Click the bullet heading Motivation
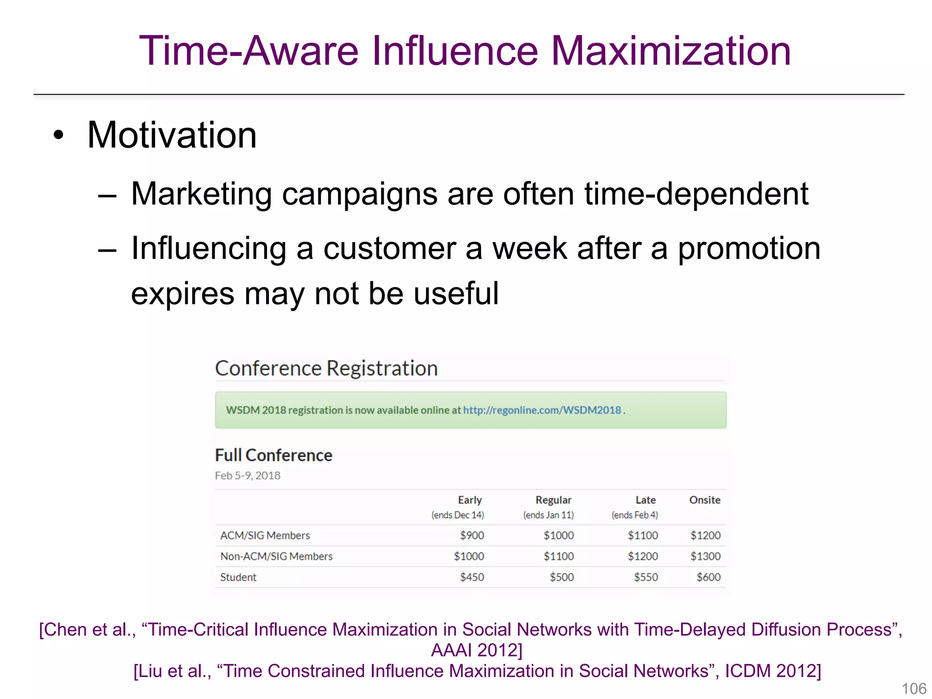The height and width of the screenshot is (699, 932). pyautogui.click(x=172, y=135)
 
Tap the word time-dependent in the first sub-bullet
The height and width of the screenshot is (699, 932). pyautogui.click(x=696, y=194)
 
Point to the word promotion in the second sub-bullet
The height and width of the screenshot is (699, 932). pyautogui.click(x=749, y=248)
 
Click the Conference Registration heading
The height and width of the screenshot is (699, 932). pyautogui.click(x=326, y=368)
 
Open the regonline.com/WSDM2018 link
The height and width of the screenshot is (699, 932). pyautogui.click(x=542, y=410)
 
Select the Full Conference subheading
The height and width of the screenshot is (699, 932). pyautogui.click(x=274, y=455)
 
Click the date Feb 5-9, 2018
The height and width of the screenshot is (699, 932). pyautogui.click(x=248, y=476)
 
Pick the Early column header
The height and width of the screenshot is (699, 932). pyautogui.click(x=470, y=500)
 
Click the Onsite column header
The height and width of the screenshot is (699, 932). pyautogui.click(x=704, y=500)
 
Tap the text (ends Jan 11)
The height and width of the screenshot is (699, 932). pyautogui.click(x=548, y=515)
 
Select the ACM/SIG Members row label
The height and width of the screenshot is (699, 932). pyautogui.click(x=265, y=536)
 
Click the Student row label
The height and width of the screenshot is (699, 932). pyautogui.click(x=238, y=577)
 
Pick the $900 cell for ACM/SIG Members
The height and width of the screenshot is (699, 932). pyautogui.click(x=472, y=536)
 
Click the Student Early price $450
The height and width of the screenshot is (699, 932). pyautogui.click(x=472, y=577)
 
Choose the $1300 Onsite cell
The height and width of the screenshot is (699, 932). pyautogui.click(x=705, y=557)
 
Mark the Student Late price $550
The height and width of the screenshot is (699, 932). pyautogui.click(x=646, y=577)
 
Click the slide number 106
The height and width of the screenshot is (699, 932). pyautogui.click(x=914, y=689)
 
